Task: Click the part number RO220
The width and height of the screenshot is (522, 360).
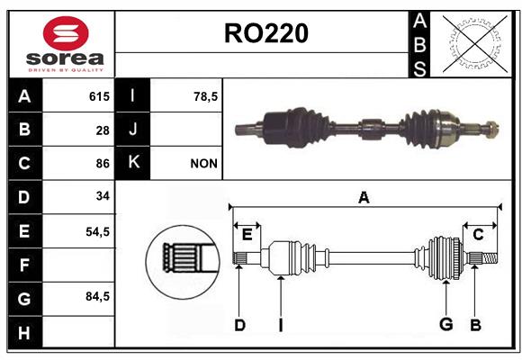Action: [x=266, y=33]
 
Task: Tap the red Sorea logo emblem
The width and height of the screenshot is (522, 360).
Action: [x=66, y=33]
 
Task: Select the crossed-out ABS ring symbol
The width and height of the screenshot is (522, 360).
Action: [x=475, y=44]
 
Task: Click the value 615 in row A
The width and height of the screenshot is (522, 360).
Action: [x=99, y=96]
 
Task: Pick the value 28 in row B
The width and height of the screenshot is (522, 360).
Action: [x=103, y=130]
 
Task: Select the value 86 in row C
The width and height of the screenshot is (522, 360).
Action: [x=103, y=164]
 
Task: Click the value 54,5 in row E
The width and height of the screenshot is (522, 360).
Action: [x=97, y=231]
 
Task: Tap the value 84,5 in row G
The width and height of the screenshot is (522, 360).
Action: [x=97, y=296]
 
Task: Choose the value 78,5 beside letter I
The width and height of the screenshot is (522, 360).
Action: [x=205, y=96]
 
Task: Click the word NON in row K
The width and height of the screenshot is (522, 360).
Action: [x=203, y=164]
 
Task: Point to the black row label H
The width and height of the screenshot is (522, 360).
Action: [x=25, y=332]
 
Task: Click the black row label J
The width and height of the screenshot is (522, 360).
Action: [x=132, y=129]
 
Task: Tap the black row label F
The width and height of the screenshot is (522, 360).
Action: [x=25, y=265]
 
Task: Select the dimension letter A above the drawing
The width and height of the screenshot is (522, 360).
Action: [x=364, y=198]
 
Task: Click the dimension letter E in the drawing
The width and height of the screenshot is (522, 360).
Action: [x=247, y=235]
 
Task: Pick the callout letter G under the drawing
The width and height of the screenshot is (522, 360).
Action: [x=446, y=324]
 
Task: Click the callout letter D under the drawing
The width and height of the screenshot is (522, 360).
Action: [x=239, y=325]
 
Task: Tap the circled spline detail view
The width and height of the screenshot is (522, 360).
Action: [x=183, y=262]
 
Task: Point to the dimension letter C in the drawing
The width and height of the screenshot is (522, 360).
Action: [x=478, y=235]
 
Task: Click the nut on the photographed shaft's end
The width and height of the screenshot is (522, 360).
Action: [x=491, y=130]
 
